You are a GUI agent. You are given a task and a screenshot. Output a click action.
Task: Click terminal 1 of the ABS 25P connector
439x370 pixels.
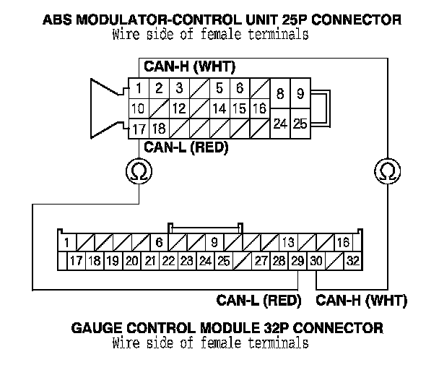[137, 89]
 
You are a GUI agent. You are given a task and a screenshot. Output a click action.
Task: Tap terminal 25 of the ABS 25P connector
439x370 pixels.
[300, 124]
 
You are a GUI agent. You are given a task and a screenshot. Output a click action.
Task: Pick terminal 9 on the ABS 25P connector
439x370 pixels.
[300, 94]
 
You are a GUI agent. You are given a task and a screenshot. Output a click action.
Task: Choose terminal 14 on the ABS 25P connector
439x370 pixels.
[220, 108]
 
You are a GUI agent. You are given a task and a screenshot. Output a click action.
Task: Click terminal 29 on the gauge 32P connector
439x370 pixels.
[297, 260]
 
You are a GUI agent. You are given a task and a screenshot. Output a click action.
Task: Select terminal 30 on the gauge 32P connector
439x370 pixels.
[316, 260]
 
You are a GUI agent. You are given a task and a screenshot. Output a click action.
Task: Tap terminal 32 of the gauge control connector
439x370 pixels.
[353, 260]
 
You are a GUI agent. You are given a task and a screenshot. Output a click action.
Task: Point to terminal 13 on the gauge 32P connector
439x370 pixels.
[288, 242]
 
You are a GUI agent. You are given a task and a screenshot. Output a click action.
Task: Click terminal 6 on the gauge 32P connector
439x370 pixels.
[160, 242]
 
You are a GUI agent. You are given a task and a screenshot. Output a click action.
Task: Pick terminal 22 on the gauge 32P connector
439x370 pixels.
[168, 260]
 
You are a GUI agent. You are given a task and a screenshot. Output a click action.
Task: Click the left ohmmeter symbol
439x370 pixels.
[137, 171]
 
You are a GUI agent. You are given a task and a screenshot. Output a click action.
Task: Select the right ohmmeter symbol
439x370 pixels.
[386, 171]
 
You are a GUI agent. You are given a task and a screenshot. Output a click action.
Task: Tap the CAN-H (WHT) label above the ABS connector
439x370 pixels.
[190, 68]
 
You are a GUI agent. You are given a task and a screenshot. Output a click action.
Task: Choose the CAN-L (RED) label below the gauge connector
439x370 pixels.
[258, 300]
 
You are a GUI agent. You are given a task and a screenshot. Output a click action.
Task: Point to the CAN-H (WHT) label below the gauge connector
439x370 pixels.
[362, 300]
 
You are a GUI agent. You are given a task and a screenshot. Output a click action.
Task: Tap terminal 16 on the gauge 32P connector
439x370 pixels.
[344, 242]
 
